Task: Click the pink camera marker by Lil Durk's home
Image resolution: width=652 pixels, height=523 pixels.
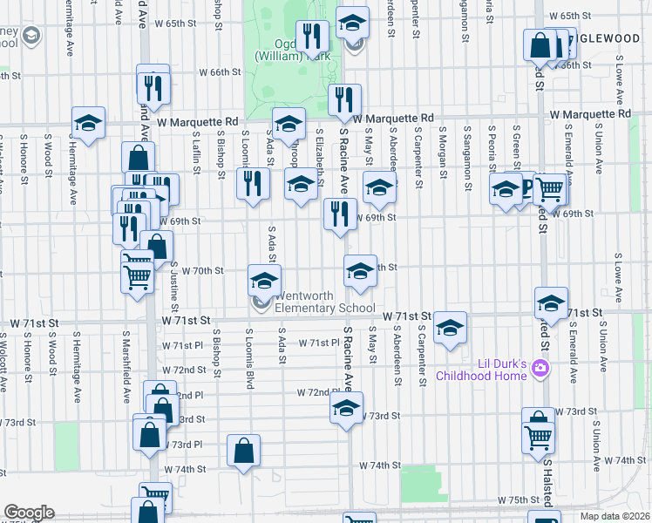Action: point(540,369)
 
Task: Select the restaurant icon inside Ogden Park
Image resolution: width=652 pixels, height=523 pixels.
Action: point(311,37)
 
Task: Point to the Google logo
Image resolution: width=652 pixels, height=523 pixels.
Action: point(28,512)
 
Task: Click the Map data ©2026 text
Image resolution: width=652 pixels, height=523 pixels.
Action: point(615,516)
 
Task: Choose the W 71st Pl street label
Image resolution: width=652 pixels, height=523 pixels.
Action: point(317,343)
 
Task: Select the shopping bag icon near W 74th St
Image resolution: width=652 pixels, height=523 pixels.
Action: point(244,451)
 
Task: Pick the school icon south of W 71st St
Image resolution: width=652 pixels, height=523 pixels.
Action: point(450,329)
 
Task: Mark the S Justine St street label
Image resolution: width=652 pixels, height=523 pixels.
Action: point(174,293)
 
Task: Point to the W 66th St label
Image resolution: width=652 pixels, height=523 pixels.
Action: point(219,73)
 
